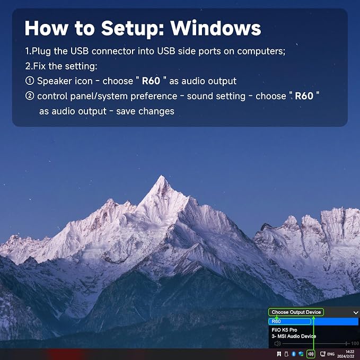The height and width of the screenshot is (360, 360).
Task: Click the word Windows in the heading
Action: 215,28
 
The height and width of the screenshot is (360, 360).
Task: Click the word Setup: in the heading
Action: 133,29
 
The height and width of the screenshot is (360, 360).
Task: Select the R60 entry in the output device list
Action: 276,321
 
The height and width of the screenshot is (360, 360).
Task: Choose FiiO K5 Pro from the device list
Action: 284,330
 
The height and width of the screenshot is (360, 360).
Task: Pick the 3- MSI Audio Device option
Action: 294,336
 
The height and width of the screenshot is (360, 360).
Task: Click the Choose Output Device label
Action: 296,312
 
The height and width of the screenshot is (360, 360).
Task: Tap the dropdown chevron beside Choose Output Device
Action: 356,312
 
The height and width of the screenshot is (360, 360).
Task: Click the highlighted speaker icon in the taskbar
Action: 311,354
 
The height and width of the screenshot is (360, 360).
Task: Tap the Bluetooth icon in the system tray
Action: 293,354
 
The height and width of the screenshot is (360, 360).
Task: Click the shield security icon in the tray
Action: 301,354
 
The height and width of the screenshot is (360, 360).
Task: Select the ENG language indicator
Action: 331,354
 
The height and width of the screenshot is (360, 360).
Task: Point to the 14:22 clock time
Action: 350,352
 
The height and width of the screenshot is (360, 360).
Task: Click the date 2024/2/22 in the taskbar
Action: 346,356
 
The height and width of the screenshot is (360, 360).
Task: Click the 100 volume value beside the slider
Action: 355,344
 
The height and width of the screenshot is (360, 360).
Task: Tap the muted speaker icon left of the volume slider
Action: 278,344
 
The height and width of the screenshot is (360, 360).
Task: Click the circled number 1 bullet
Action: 30,81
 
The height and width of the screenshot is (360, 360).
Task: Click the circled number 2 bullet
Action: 30,96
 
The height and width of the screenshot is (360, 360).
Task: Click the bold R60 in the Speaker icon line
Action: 151,81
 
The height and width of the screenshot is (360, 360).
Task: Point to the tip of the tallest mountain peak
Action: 162,175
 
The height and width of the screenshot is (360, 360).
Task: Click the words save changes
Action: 145,111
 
